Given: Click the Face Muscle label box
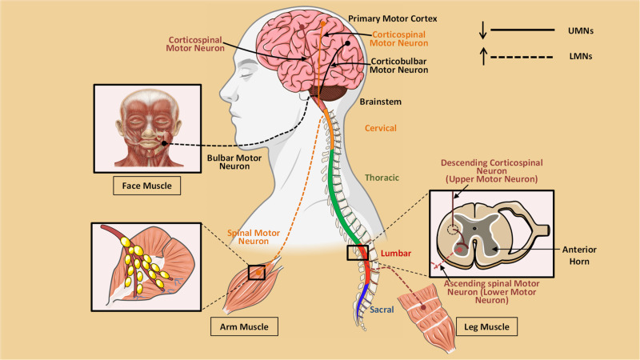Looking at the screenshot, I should click(x=146, y=186).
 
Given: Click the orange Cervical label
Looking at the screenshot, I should click(x=380, y=128).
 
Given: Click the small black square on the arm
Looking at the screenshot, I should click(x=257, y=273).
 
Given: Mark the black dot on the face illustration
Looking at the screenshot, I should click(x=163, y=144).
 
